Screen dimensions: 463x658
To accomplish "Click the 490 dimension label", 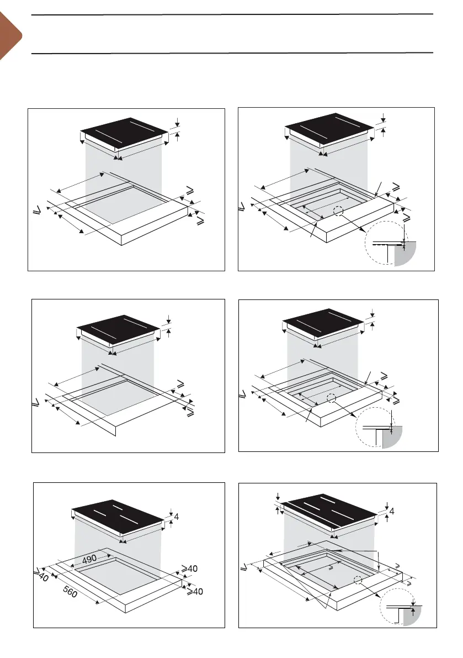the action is point(89,559).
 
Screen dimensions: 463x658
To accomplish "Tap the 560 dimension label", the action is point(71,592).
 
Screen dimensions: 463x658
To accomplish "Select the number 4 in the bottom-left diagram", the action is point(177,517).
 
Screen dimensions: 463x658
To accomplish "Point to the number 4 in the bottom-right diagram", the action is point(392,511).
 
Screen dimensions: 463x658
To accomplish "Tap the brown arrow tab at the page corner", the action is point(9,36).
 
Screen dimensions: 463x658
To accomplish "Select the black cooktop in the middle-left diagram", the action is point(118,330).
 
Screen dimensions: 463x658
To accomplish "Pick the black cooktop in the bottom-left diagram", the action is point(118,517).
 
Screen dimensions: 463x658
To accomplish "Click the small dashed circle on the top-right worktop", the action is point(338,211).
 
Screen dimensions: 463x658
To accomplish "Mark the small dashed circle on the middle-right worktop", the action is point(332,398).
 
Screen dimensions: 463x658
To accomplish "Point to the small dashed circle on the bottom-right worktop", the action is point(358,580).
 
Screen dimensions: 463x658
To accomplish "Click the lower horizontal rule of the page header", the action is point(232,53).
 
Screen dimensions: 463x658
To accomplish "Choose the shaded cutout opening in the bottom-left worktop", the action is point(118,575).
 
